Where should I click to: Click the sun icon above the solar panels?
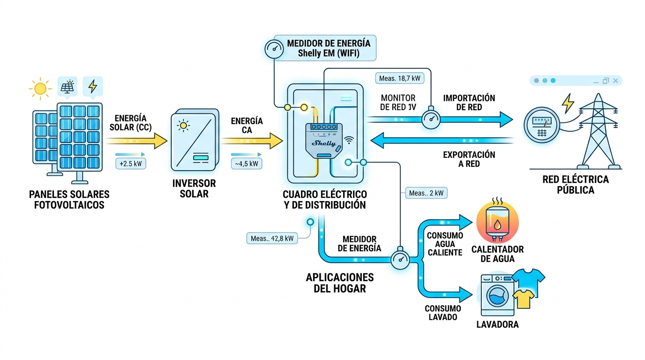coord(40,88)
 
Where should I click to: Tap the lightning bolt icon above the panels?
coord(93,87)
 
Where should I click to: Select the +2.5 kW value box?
coord(130,164)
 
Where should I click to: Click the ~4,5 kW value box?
coord(246,164)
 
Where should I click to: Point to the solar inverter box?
coord(194,141)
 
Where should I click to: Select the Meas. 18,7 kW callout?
coord(399,78)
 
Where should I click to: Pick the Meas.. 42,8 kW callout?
coord(272,238)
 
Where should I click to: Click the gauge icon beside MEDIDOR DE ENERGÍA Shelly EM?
coord(274,47)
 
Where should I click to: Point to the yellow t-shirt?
coord(524,298)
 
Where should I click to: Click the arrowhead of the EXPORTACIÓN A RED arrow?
coord(378,140)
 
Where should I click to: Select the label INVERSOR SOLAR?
coord(194,188)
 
